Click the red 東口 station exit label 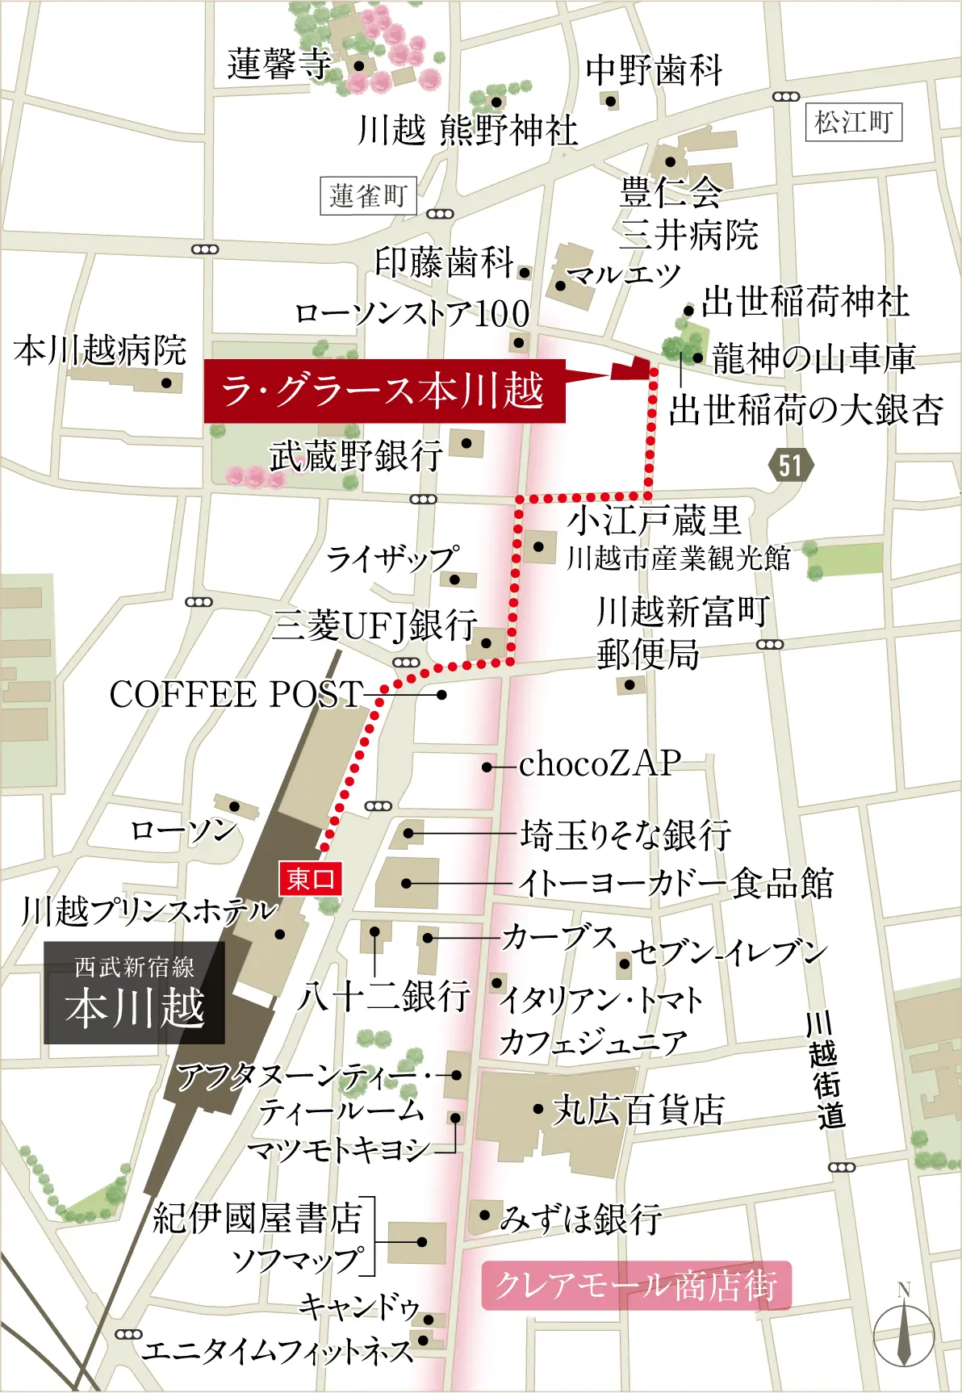pos(311,879)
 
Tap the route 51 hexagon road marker pos(790,465)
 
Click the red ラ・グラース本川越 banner pos(384,391)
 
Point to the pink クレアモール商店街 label pos(636,1286)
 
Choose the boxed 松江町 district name pos(853,123)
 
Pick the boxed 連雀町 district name pos(368,195)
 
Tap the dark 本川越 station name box pos(134,993)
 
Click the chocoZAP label pos(600,763)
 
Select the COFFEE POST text pos(236,695)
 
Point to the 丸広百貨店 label pos(638,1111)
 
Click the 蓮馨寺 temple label pos(279,65)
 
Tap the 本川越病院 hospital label pos(100,350)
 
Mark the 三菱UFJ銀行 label pos(374,625)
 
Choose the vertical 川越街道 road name pos(826,1070)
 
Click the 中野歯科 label pos(654,70)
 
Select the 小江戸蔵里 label pos(655,521)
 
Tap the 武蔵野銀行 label pos(356,456)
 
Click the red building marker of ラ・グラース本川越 pos(632,369)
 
